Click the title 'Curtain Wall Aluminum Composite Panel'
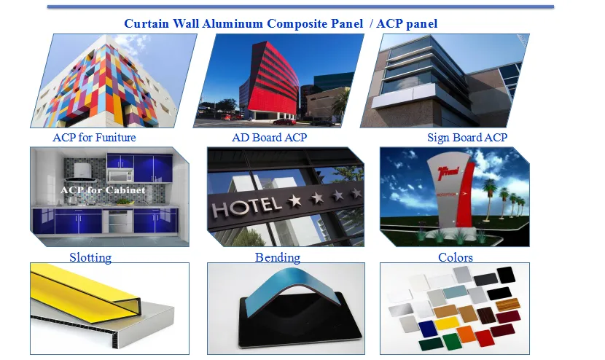[x=243, y=23]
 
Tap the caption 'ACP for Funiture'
[x=94, y=137]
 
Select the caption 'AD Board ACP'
[x=269, y=137]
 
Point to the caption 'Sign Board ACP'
[x=467, y=137]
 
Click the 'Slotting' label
[x=90, y=257]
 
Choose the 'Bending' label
[x=278, y=257]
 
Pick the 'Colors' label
[x=456, y=257]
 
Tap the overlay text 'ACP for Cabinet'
[x=103, y=190]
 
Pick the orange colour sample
[x=465, y=334]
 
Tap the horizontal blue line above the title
[x=300, y=7]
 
